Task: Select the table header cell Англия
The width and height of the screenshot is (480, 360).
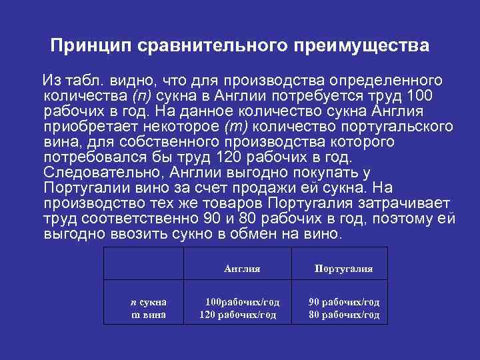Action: pyautogui.click(x=242, y=269)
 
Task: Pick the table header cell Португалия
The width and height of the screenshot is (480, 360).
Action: pyautogui.click(x=343, y=269)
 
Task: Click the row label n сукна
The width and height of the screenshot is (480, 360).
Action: pyautogui.click(x=147, y=302)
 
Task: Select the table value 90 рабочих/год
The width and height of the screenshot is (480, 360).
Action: pyautogui.click(x=343, y=302)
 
